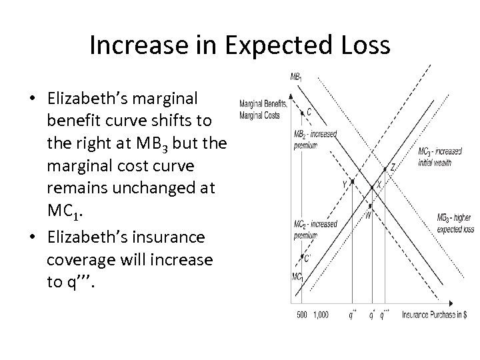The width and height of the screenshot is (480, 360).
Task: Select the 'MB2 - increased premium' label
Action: tap(315, 139)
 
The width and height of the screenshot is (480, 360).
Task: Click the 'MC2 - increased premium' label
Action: tap(315, 229)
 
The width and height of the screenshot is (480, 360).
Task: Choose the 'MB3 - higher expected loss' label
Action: tap(455, 223)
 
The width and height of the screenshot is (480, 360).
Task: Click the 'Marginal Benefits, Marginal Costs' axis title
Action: tap(262, 107)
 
